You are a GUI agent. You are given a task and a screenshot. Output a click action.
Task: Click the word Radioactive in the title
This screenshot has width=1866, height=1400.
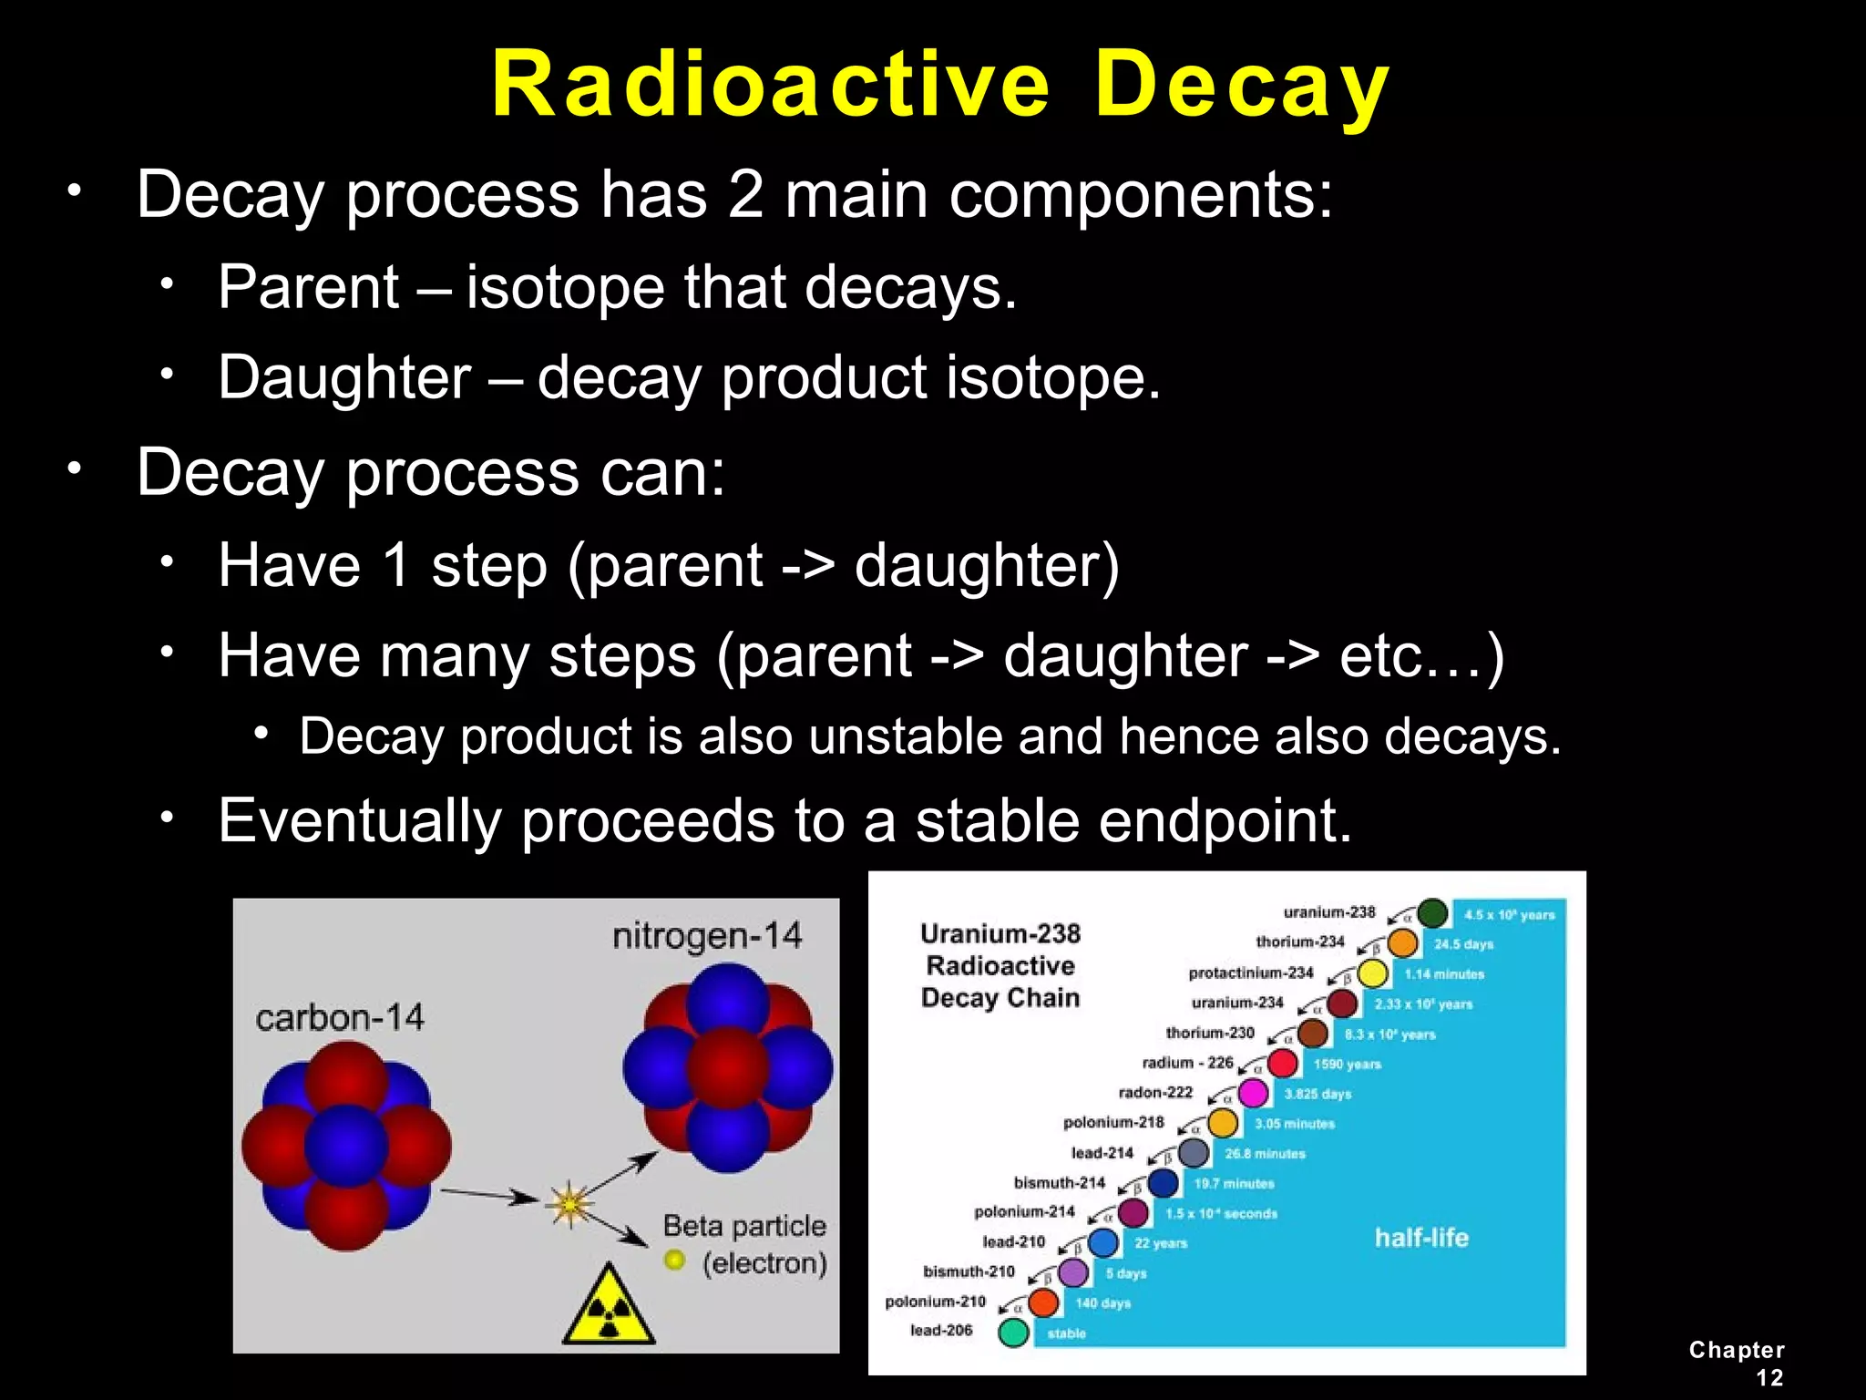click(x=771, y=84)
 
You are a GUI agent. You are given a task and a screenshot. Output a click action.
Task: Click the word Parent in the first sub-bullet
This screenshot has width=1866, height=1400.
click(x=308, y=287)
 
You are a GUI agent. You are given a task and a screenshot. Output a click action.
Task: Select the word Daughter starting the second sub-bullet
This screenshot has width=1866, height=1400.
click(x=344, y=377)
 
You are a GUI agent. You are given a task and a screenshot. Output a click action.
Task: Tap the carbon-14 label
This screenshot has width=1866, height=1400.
click(x=339, y=1017)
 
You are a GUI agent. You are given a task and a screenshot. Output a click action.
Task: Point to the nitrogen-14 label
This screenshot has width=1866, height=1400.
click(x=707, y=935)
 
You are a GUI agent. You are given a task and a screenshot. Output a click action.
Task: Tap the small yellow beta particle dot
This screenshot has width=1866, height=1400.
click(x=674, y=1260)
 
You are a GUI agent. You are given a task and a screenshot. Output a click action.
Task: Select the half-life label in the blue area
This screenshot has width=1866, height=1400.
click(x=1421, y=1237)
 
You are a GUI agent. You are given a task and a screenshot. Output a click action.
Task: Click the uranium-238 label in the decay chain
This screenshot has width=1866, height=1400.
click(x=1328, y=911)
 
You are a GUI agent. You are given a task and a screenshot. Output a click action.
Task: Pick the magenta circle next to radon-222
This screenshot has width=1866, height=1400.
click(x=1253, y=1092)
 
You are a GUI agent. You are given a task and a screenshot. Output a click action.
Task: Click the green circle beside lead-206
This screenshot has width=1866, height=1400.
click(x=1013, y=1332)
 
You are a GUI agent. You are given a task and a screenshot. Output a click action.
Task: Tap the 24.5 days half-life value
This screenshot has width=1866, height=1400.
click(x=1463, y=944)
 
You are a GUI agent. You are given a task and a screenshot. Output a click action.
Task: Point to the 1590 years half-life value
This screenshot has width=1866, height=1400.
click(x=1347, y=1064)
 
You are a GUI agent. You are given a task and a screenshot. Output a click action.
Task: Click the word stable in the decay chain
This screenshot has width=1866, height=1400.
click(x=1066, y=1333)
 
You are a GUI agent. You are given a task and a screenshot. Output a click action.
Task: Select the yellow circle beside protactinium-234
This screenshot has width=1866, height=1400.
click(x=1372, y=973)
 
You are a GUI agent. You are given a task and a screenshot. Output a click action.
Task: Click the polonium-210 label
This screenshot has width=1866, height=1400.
click(x=935, y=1301)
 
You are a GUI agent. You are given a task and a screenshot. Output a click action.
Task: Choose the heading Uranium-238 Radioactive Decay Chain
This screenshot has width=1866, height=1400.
click(x=1000, y=965)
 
